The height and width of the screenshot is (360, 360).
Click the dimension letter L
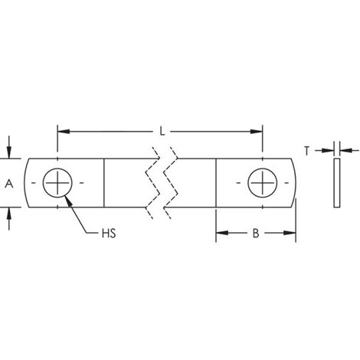(x=162, y=132)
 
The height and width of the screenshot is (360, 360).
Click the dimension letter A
(x=9, y=184)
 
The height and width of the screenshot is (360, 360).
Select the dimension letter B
(x=256, y=233)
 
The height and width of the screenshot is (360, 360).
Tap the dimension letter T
(x=306, y=151)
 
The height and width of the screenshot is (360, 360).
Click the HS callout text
(x=109, y=234)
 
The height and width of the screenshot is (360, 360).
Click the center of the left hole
(x=57, y=183)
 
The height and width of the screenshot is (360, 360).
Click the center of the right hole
(x=263, y=183)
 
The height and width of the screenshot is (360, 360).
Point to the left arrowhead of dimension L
(x=64, y=132)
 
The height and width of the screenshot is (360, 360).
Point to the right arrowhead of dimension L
(x=257, y=132)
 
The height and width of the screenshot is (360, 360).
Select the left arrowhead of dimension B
(x=222, y=233)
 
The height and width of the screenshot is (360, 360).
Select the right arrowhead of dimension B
(x=290, y=233)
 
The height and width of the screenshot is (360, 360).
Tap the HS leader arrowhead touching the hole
(x=68, y=201)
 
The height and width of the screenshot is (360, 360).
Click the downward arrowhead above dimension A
(x=9, y=152)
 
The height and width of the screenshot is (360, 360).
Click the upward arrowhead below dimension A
(x=9, y=214)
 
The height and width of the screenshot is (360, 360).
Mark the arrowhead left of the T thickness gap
(x=328, y=151)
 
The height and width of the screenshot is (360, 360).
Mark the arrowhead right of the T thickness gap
(x=346, y=151)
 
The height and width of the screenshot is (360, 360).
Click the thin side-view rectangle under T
(x=337, y=183)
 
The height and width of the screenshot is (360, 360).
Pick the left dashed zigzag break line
(x=152, y=183)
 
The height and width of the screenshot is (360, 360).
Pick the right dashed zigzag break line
(x=171, y=183)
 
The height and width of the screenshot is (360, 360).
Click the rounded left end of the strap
(x=25, y=183)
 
